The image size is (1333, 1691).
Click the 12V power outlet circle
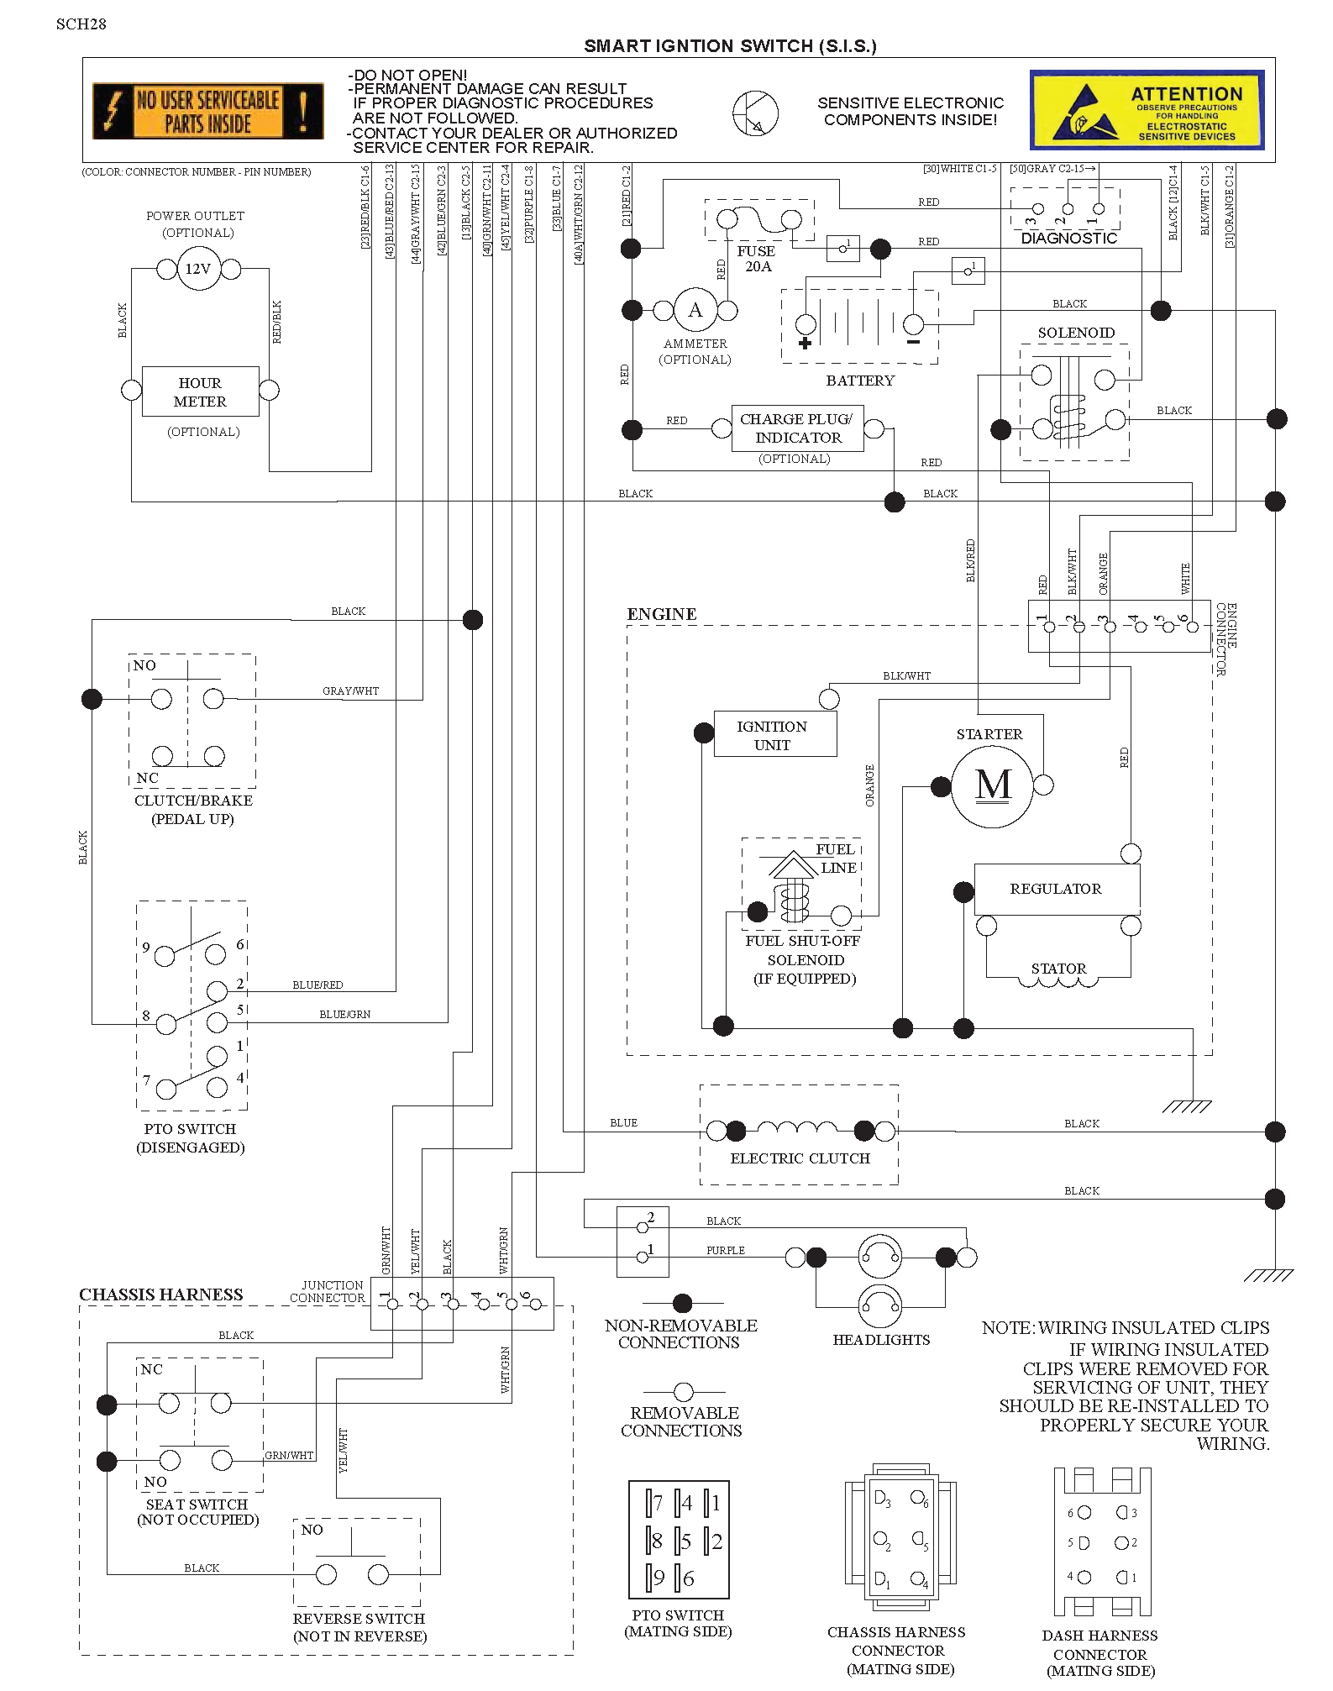(x=198, y=270)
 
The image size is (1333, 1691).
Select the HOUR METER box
(x=200, y=391)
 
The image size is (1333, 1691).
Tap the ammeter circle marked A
(x=695, y=311)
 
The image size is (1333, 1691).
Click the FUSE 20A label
(x=756, y=259)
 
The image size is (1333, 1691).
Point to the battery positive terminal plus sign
(x=805, y=343)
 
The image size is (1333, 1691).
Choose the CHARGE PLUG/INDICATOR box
(x=796, y=428)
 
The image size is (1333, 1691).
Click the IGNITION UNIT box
(x=774, y=734)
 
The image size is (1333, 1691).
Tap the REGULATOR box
(x=1057, y=889)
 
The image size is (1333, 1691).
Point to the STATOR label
(x=1058, y=969)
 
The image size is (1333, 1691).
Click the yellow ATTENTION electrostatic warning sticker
(x=1147, y=110)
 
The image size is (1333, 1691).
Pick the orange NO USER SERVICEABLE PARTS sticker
(x=207, y=112)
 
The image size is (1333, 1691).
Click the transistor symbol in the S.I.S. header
(x=755, y=113)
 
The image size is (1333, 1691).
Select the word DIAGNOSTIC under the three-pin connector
(x=1068, y=239)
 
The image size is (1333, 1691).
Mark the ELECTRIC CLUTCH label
(x=800, y=1158)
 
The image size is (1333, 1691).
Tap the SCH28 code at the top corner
(x=81, y=24)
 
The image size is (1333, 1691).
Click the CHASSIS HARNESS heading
(x=161, y=1295)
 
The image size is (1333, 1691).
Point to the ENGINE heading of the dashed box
(x=662, y=614)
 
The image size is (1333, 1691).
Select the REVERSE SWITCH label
(x=359, y=1619)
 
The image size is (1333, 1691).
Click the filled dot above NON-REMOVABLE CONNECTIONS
(x=682, y=1303)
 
